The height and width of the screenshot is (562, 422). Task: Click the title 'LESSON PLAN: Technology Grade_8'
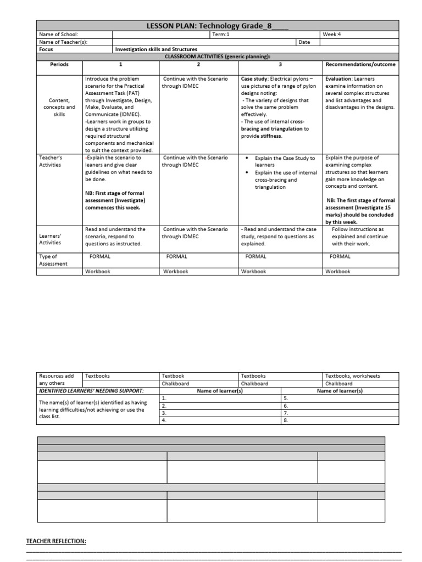[x=218, y=26]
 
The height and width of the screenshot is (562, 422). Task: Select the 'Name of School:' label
[x=59, y=35]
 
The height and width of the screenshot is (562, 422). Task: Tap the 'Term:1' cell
[x=221, y=35]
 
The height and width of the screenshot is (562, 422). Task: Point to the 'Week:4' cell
[x=332, y=35]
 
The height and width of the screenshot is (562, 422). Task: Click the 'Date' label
[x=304, y=42]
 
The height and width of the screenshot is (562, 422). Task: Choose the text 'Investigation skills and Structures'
[x=156, y=49]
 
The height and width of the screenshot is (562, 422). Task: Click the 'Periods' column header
[x=59, y=64]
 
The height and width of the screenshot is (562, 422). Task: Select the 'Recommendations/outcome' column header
[x=360, y=64]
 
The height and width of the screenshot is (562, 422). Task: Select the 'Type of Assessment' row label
[x=53, y=260]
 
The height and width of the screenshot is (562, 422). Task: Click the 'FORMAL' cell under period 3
[x=256, y=256]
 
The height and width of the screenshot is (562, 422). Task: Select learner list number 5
[x=286, y=398]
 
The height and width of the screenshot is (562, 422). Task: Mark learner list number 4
[x=164, y=420]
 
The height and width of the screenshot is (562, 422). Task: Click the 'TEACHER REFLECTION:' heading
[x=56, y=542]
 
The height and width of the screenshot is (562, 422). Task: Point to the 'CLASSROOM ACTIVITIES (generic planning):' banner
[x=218, y=57]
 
